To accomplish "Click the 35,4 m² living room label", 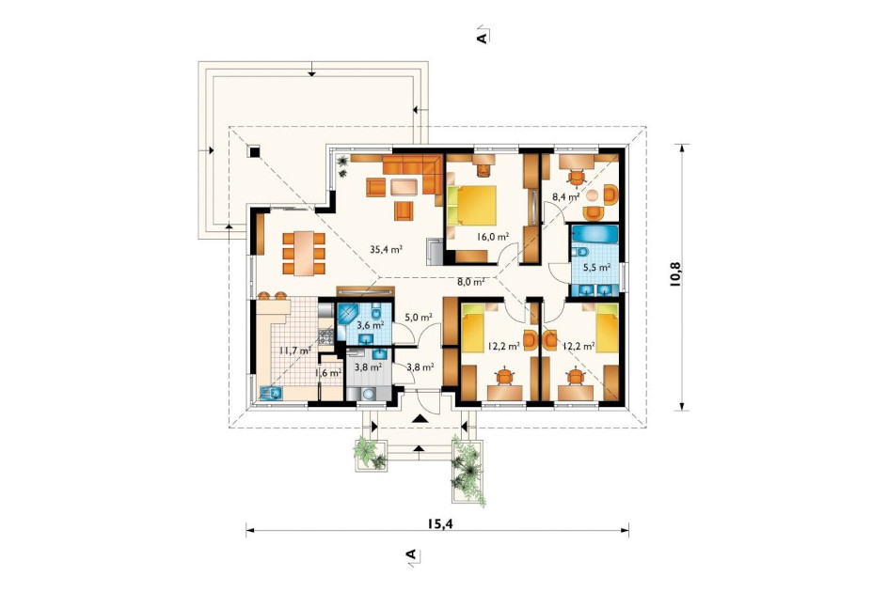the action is [x=387, y=248].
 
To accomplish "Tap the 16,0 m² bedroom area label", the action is [x=492, y=237].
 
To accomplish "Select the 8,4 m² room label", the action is [x=565, y=197].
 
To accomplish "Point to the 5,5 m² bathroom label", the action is [x=597, y=267].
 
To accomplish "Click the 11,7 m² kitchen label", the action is [x=294, y=350].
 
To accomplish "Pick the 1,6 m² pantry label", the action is [x=327, y=372].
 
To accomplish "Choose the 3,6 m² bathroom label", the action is [x=371, y=325].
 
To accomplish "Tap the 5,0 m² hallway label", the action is [x=419, y=317].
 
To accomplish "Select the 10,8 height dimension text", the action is [x=675, y=275].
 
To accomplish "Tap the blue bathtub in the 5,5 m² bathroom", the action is [x=595, y=234].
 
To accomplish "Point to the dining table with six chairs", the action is [x=304, y=253].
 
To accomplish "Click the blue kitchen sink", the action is [x=271, y=392].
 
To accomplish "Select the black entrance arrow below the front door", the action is [x=420, y=418].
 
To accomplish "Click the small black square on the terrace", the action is [x=254, y=151].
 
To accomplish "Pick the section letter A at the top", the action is [x=483, y=38].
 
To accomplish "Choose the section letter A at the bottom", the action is [x=412, y=553].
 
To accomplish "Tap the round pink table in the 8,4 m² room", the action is [x=592, y=195].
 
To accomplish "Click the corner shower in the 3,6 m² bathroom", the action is [x=347, y=315].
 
